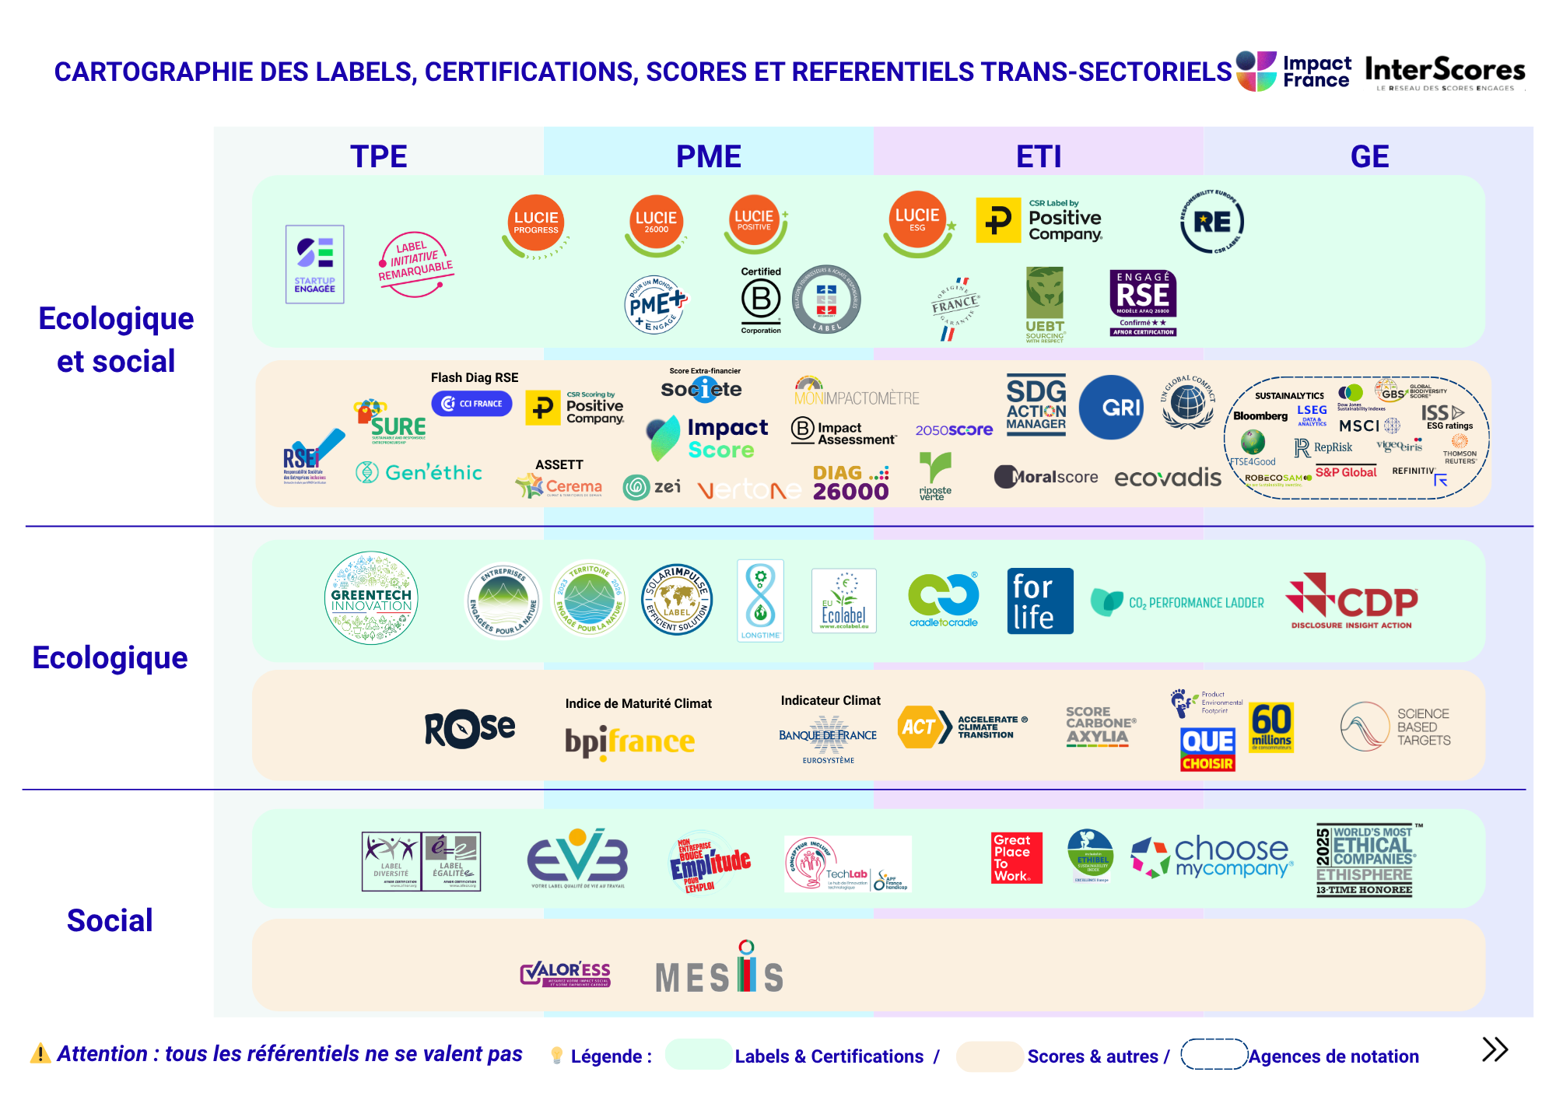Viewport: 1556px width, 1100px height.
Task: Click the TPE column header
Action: pos(378,156)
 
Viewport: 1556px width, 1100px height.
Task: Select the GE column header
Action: pos(1369,156)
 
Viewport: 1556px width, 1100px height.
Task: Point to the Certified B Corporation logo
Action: pos(761,300)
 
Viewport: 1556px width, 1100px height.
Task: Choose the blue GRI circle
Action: pos(1111,407)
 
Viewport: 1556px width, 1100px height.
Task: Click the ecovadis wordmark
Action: pos(1168,478)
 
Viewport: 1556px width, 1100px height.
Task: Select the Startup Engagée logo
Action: pos(315,264)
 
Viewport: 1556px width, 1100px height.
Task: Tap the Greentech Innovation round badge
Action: pos(371,598)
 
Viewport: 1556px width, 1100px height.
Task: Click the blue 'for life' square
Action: pos(1040,601)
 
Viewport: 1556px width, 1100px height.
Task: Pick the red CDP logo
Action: pos(1352,601)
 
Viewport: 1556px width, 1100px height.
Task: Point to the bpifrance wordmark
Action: pos(629,741)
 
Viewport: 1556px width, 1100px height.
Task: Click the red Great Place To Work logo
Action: pos(1016,858)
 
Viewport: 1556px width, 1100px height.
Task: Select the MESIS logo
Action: pos(720,972)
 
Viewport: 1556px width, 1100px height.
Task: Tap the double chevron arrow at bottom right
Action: pos(1495,1049)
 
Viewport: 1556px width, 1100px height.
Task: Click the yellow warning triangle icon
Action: pos(40,1054)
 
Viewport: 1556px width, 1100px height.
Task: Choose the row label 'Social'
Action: pos(110,920)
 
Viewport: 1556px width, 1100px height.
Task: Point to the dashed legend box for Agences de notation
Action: pos(1214,1055)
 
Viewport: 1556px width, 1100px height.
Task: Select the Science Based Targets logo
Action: pos(1396,727)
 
